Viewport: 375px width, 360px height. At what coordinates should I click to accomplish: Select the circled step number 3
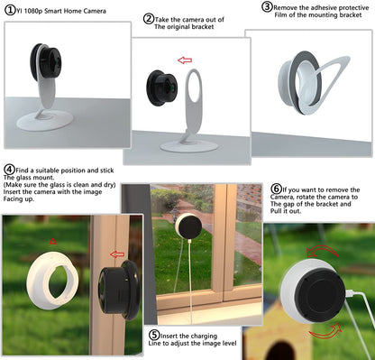[268, 7]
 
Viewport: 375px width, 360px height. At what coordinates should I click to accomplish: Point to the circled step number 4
[9, 169]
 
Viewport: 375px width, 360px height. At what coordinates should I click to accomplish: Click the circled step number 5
[156, 335]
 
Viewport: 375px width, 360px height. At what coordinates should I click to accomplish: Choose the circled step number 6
[276, 189]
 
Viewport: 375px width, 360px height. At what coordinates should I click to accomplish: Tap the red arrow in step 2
[186, 60]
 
